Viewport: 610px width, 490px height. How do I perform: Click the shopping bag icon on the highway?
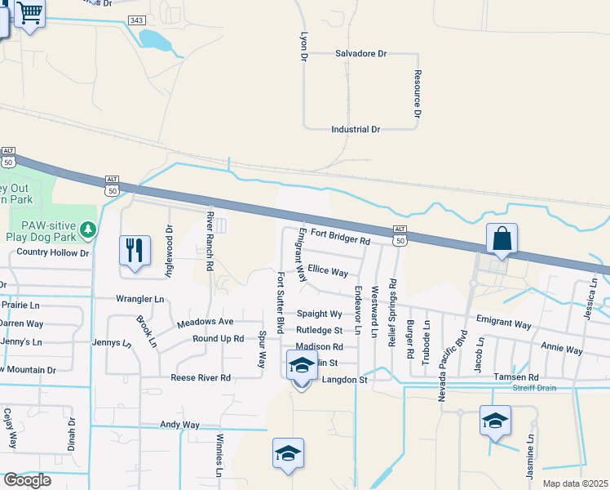coord(502,239)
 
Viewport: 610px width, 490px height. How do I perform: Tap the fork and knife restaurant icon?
coord(135,250)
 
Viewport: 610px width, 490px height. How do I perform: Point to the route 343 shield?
coord(137,20)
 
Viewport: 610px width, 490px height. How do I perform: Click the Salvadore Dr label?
coord(360,53)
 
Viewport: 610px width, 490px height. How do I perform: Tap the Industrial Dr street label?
coord(356,130)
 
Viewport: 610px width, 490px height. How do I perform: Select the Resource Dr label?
coord(417,94)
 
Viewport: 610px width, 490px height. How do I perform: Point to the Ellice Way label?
coord(328,271)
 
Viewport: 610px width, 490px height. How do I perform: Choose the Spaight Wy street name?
coord(319,314)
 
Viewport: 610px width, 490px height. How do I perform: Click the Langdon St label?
coord(346,380)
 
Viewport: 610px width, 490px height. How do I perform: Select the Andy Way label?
coord(179,425)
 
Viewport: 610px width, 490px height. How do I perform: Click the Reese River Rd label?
coord(201,378)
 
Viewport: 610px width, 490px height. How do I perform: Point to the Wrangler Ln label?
coord(139,299)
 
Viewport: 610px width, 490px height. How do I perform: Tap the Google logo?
coord(27,480)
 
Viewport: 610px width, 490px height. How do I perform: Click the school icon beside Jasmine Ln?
coord(495,421)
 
